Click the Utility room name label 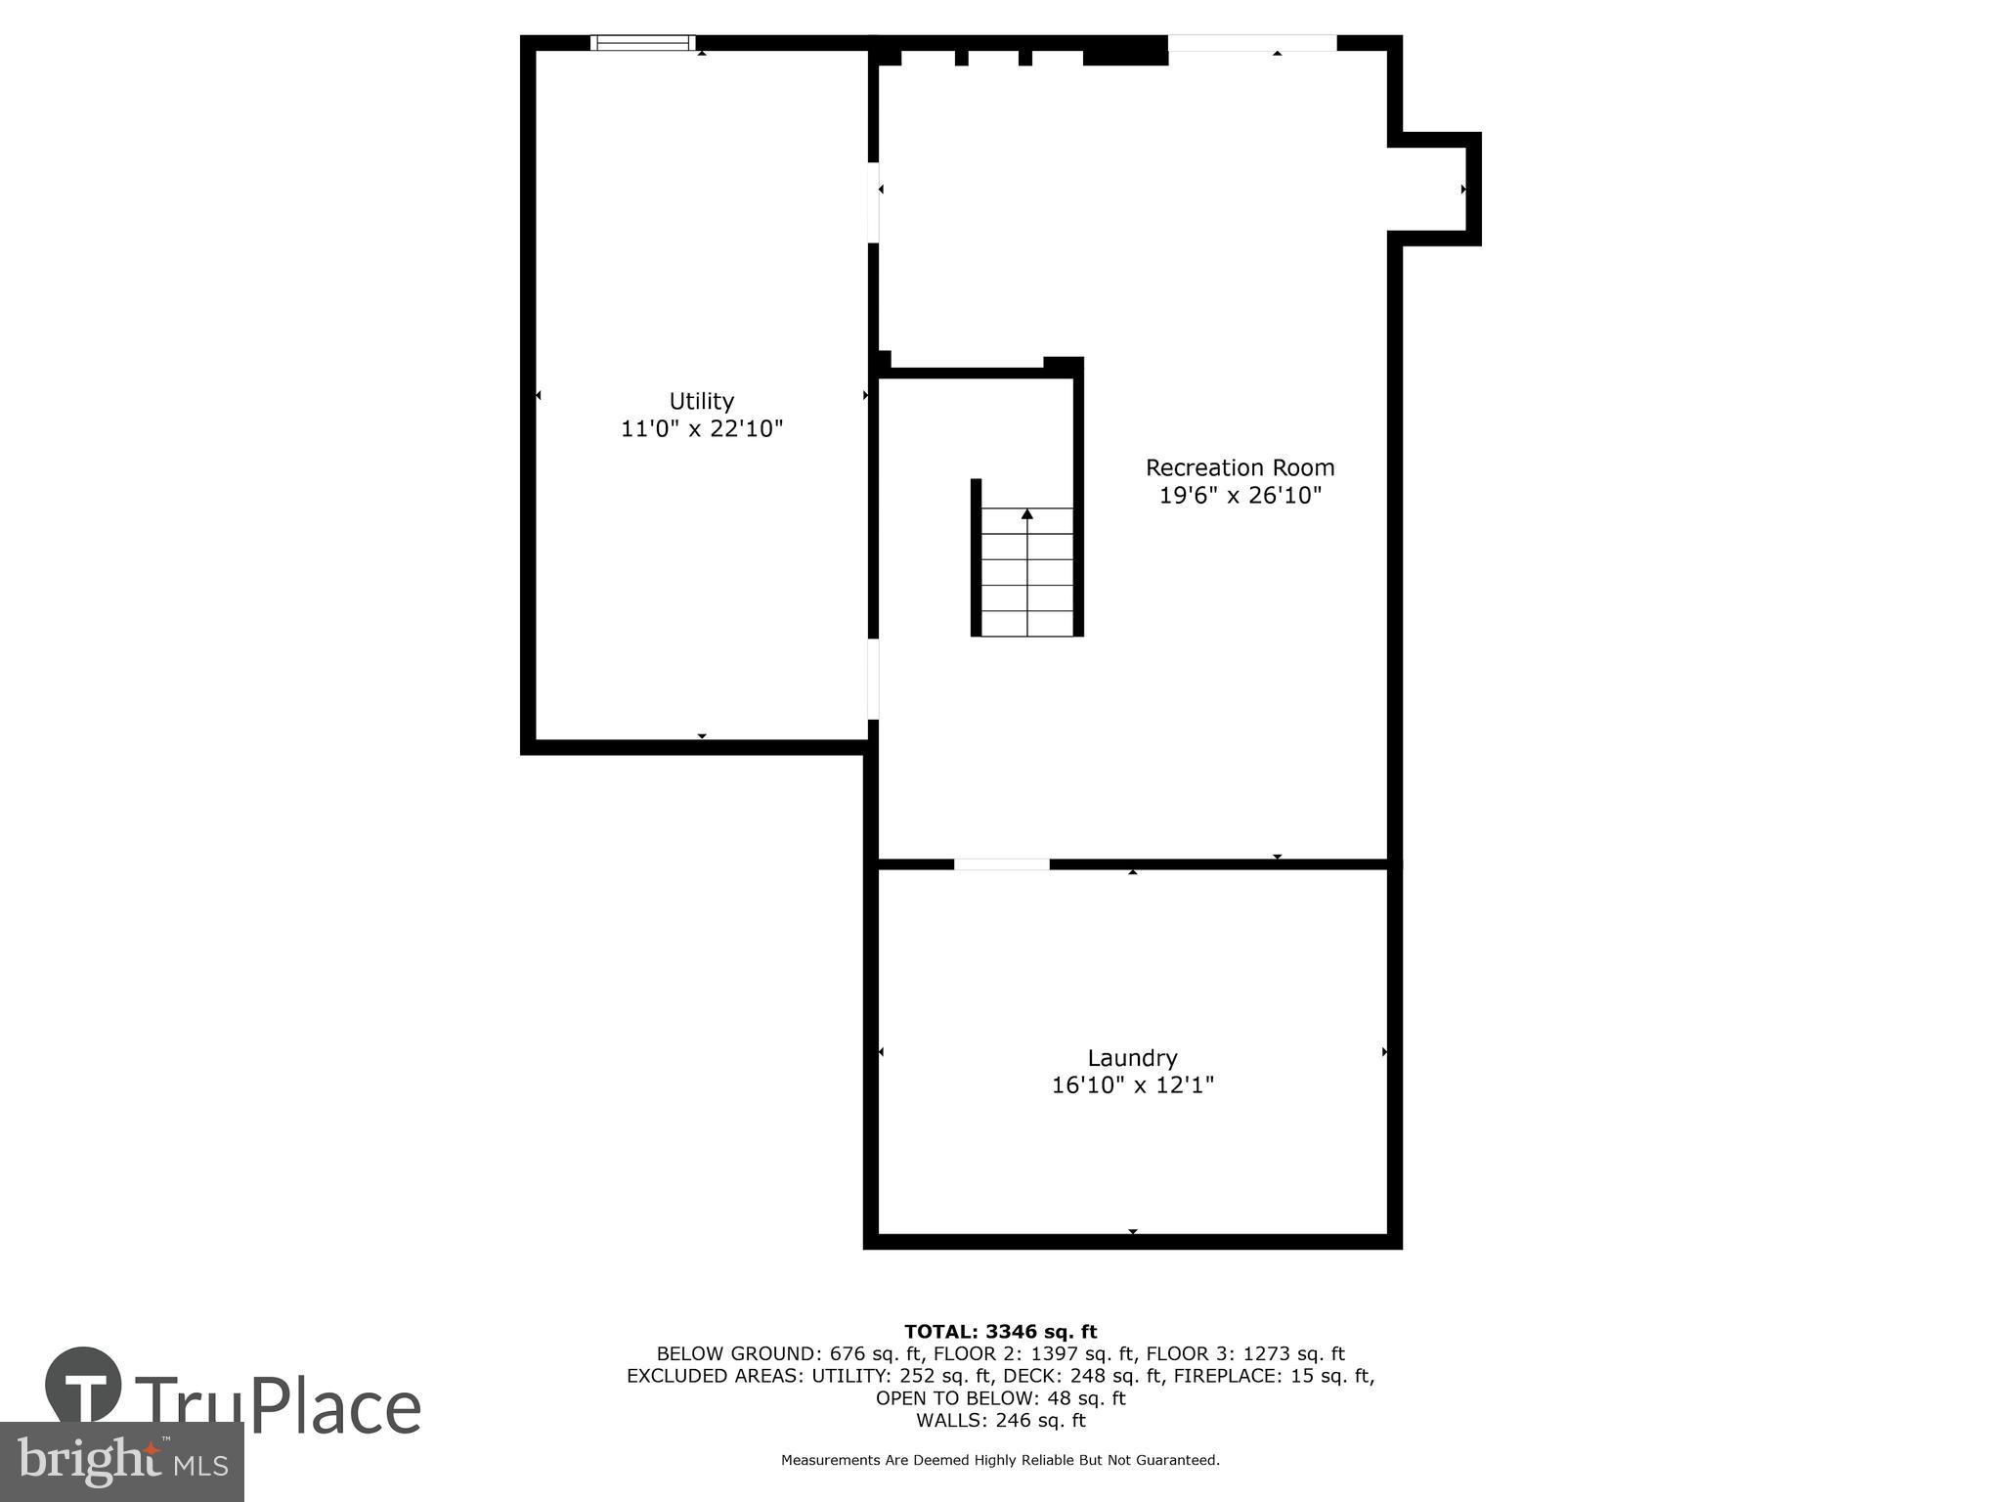[701, 401]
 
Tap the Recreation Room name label [1240, 467]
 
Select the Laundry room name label [1132, 1057]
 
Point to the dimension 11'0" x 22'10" [702, 428]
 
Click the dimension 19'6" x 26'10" [1240, 496]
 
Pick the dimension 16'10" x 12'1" [1132, 1084]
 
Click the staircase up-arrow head [1026, 513]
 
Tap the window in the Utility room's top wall [642, 42]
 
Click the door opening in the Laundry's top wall [1001, 863]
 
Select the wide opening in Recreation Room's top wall [1251, 43]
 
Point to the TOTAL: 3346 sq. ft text [1000, 1331]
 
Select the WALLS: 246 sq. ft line [1000, 1420]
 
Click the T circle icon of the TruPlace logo [83, 1386]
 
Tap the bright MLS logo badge [121, 1462]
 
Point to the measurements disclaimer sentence [1000, 1460]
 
